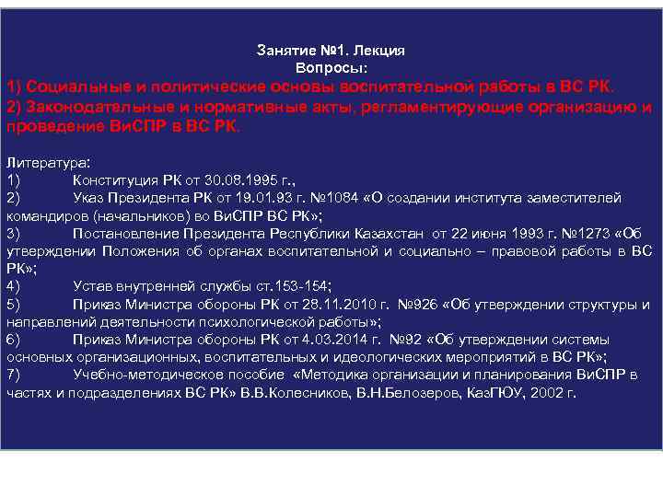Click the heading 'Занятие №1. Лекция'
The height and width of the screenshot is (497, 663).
(x=331, y=52)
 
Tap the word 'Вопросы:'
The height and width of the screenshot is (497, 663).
(x=331, y=68)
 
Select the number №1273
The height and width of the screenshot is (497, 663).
(x=576, y=233)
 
